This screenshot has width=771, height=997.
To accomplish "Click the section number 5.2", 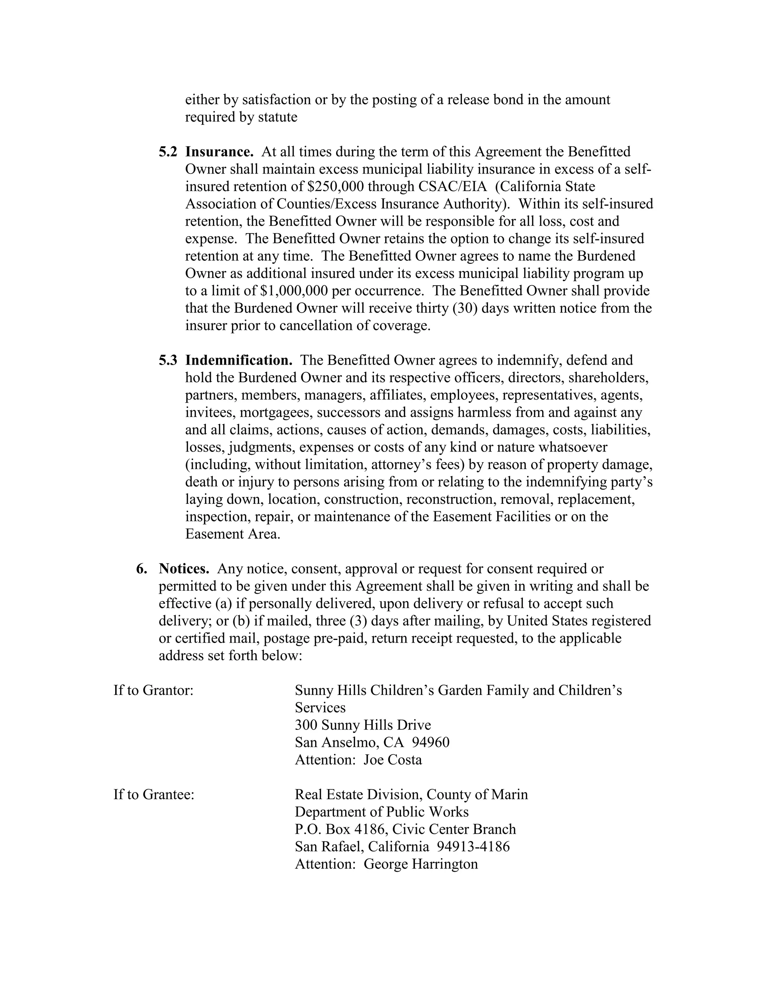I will (168, 152).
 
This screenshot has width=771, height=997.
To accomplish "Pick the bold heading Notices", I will (184, 569).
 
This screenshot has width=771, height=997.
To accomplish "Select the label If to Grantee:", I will (154, 794).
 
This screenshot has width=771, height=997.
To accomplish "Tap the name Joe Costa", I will (392, 760).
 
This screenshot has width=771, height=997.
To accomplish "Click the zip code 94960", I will (430, 742).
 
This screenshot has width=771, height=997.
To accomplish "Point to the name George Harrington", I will (420, 864).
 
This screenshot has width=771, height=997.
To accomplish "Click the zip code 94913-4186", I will (473, 847).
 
